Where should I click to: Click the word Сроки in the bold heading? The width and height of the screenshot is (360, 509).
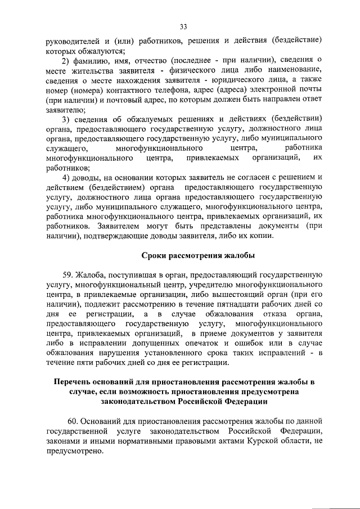[x=152, y=256]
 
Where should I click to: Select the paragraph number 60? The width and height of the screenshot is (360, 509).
[x=74, y=421]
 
